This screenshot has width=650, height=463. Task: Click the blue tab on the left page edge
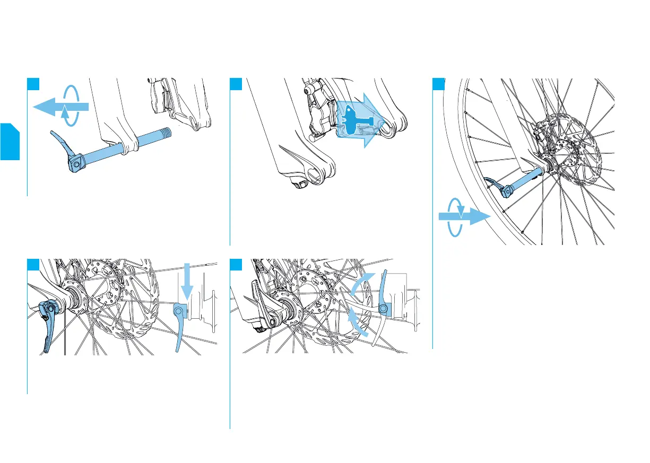9,141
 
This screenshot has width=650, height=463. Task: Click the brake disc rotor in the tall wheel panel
573,143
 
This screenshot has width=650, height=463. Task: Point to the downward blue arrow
186,279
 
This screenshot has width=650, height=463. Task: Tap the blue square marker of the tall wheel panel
438,84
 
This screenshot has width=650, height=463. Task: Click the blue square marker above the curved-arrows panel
236,264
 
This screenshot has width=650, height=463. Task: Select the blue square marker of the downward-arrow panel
33,264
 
